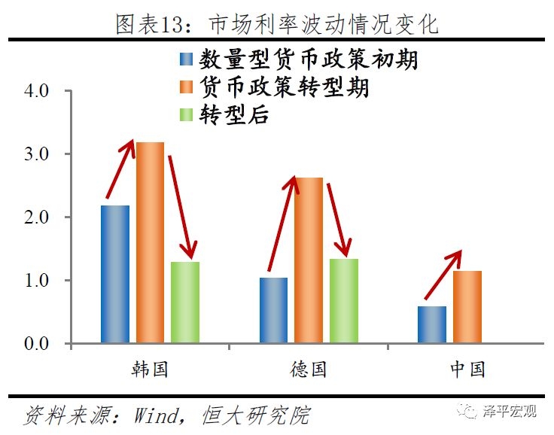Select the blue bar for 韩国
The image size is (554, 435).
tap(115, 274)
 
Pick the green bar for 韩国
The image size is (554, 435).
tap(185, 303)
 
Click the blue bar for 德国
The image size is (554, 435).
tap(273, 310)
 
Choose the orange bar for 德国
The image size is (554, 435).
tap(309, 260)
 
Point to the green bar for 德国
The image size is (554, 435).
tap(344, 301)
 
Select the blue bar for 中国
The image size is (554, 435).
tap(432, 324)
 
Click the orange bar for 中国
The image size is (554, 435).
tap(467, 307)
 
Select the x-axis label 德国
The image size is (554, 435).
tap(309, 369)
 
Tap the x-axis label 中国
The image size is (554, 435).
tap(467, 369)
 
